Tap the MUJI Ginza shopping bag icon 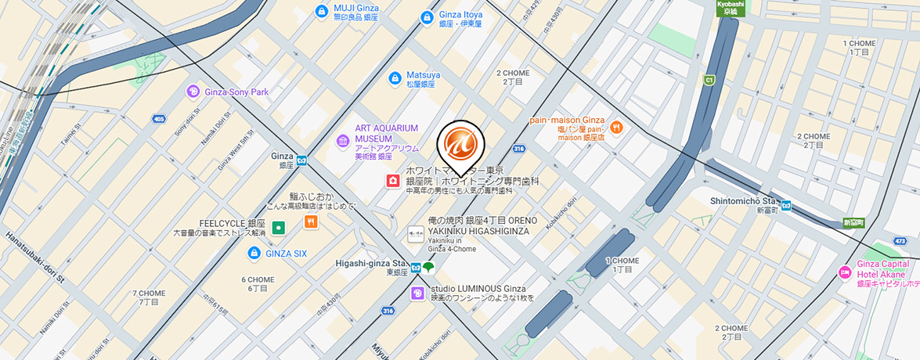(x=320, y=11)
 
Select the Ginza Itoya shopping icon (x=427, y=16)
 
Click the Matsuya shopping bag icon (x=395, y=78)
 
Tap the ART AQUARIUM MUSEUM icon (x=343, y=141)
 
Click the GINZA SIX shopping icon (x=254, y=254)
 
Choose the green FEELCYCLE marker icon (x=278, y=228)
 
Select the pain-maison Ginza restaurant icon (x=616, y=127)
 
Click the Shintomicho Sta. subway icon (x=785, y=207)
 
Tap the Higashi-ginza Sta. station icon (x=417, y=268)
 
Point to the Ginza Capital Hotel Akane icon (x=845, y=272)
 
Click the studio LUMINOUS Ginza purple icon (x=418, y=293)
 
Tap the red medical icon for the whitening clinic (x=391, y=181)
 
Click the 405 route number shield (x=160, y=120)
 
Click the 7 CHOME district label (x=149, y=297)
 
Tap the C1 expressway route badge (x=709, y=80)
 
